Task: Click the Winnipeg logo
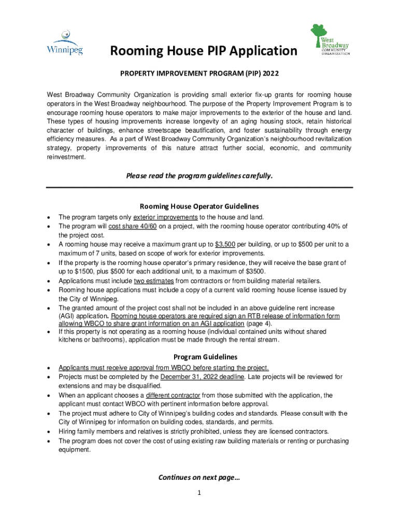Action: click(x=65, y=43)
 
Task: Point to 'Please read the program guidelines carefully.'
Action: click(x=199, y=175)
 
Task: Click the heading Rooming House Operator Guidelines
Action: click(x=199, y=206)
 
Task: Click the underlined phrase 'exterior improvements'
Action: click(x=165, y=217)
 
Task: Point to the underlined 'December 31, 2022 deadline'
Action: click(x=203, y=377)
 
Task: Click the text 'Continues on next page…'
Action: click(x=199, y=477)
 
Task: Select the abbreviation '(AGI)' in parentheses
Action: click(x=68, y=316)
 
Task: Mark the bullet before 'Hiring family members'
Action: click(x=48, y=432)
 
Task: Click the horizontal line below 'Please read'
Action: click(x=199, y=187)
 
